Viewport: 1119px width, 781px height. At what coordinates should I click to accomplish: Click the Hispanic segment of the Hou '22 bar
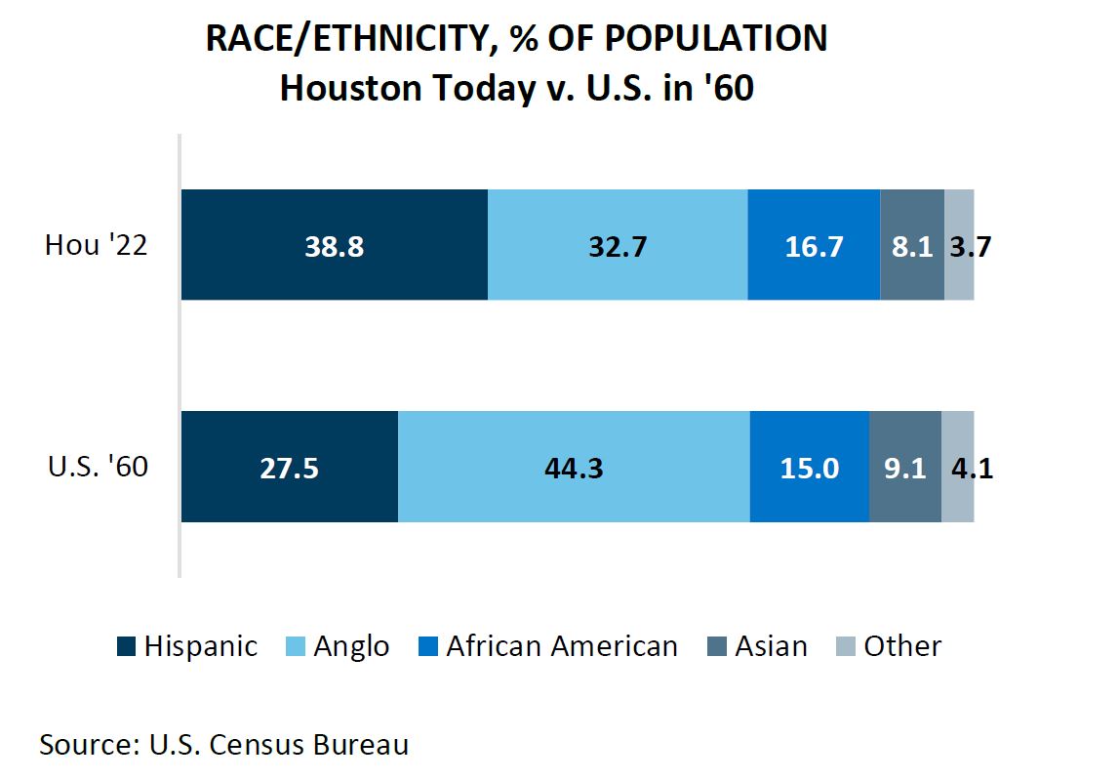point(335,245)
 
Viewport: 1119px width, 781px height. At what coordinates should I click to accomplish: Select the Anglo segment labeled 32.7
point(618,245)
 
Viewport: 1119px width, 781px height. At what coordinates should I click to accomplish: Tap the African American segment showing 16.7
point(814,245)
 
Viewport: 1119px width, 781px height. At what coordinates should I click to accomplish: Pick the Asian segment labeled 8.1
point(912,245)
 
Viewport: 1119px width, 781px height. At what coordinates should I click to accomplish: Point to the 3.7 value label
point(971,246)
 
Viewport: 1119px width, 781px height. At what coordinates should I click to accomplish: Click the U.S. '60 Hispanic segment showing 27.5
point(290,468)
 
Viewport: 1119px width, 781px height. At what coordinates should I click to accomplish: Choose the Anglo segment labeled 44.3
point(574,468)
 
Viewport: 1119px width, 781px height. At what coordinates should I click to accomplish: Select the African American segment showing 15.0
point(809,468)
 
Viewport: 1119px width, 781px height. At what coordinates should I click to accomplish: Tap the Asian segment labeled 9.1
point(904,468)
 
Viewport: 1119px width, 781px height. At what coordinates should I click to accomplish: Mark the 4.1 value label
point(972,469)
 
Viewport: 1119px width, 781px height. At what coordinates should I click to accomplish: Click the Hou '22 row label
point(96,246)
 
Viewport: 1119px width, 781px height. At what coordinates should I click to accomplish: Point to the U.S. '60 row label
point(98,468)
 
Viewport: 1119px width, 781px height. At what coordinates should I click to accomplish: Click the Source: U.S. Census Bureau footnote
point(223,745)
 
